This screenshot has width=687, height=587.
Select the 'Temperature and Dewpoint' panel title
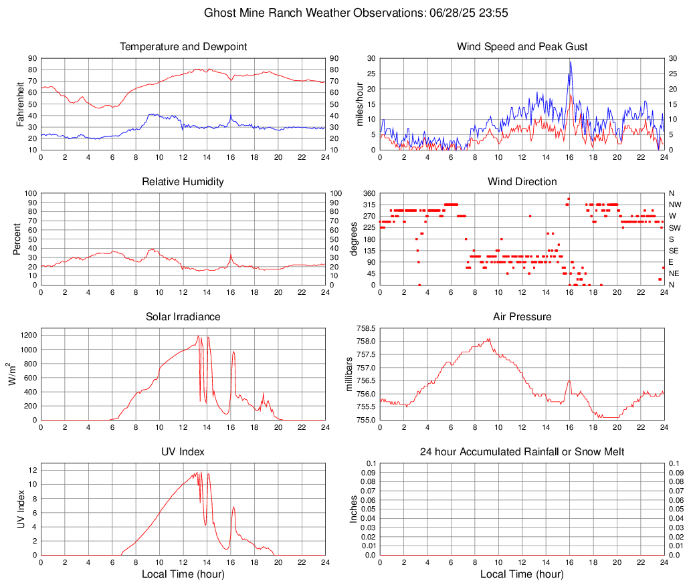click(x=183, y=47)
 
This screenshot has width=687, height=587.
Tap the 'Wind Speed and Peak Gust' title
click(x=522, y=47)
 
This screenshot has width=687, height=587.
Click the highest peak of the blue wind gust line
click(x=570, y=62)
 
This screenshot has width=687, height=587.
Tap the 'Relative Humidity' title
click(x=183, y=182)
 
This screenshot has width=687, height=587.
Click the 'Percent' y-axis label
click(x=18, y=239)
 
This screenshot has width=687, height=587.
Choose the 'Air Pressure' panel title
click(x=522, y=317)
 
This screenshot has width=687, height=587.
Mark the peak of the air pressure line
click(x=490, y=339)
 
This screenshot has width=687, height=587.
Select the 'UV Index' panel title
click(x=183, y=452)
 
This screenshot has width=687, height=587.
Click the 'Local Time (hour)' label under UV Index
click(x=183, y=574)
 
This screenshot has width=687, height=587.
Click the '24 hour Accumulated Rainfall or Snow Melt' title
click(x=522, y=452)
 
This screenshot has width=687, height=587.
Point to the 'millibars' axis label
click(x=349, y=374)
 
